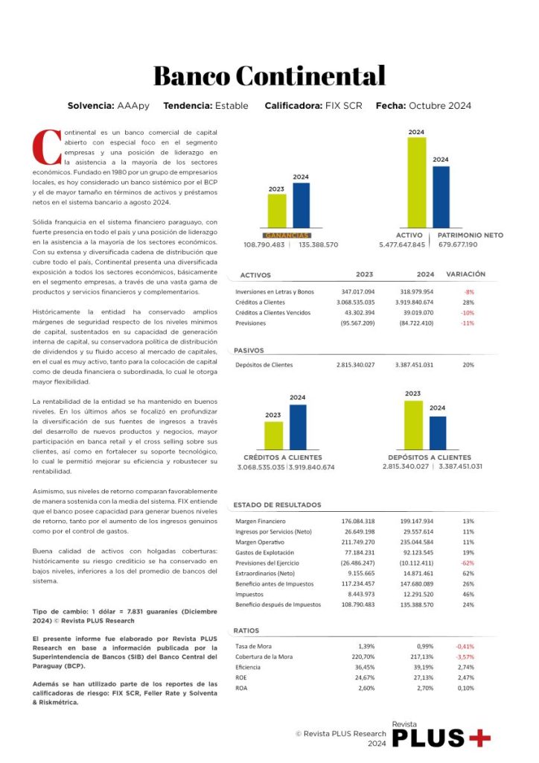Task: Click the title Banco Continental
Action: [x=269, y=76]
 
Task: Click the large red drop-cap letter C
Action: [x=47, y=147]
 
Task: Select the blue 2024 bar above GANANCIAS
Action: [x=301, y=205]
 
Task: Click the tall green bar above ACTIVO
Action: [x=417, y=182]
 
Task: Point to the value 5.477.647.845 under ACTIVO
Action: [x=402, y=244]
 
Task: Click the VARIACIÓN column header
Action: [x=465, y=274]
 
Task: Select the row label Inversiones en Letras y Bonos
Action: [x=275, y=292]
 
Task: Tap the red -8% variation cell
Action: [x=468, y=292]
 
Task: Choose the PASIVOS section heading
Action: [x=249, y=349]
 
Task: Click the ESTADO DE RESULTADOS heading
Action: [x=278, y=504]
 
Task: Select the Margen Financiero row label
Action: [x=261, y=521]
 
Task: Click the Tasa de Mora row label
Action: [x=252, y=645]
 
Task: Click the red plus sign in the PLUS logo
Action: [x=481, y=738]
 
